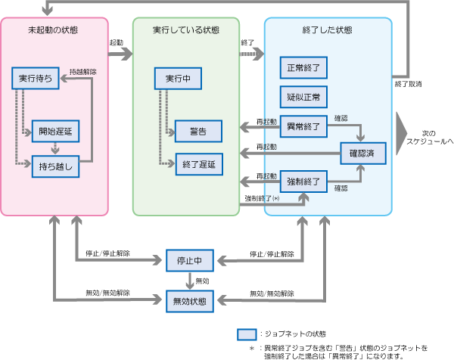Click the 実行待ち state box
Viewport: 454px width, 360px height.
pyautogui.click(x=36, y=78)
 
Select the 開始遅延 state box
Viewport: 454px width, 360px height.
pyautogui.click(x=55, y=132)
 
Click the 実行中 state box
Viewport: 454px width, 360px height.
pyautogui.click(x=176, y=78)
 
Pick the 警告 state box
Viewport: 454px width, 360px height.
pyautogui.click(x=198, y=132)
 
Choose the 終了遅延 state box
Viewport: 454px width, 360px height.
pyautogui.click(x=198, y=163)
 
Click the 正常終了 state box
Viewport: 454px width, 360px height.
pyautogui.click(x=303, y=67)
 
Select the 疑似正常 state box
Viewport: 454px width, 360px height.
pyautogui.click(x=303, y=96)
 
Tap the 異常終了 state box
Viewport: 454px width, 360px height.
pyautogui.click(x=303, y=125)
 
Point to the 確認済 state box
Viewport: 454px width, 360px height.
pyautogui.click(x=363, y=154)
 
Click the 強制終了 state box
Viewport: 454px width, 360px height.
pyautogui.click(x=303, y=182)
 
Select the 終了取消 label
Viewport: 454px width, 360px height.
pyautogui.click(x=409, y=83)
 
